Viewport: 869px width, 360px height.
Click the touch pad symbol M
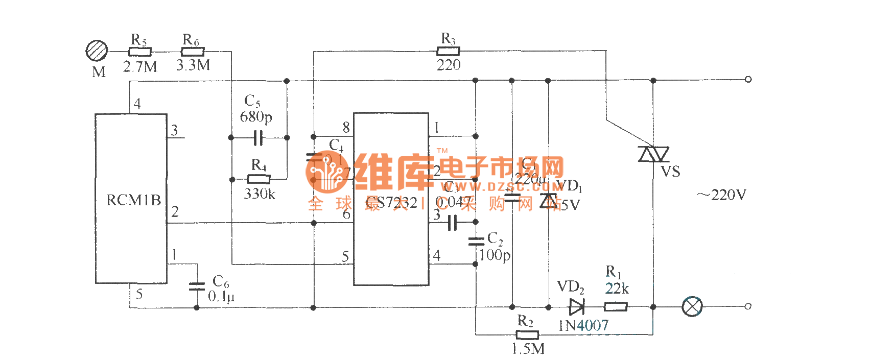(97, 51)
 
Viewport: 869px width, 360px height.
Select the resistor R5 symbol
(139, 52)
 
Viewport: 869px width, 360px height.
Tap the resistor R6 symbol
(193, 52)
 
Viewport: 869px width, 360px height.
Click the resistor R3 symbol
(448, 51)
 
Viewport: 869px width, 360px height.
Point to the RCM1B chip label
(133, 200)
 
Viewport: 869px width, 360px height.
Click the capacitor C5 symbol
(259, 138)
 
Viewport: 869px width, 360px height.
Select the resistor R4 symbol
(259, 179)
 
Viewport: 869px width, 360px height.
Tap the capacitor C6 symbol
(197, 286)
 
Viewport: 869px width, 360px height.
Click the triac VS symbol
(653, 154)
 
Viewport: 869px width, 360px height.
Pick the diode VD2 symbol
(576, 307)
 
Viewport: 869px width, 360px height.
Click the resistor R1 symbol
(616, 307)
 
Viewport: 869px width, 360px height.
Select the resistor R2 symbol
(527, 335)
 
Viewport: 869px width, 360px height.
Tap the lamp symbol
(692, 307)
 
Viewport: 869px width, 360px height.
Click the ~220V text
(721, 195)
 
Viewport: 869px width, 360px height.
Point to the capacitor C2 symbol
(476, 242)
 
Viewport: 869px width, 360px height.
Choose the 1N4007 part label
(583, 325)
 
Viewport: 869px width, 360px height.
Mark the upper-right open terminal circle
(748, 80)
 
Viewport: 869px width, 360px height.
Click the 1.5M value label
(528, 349)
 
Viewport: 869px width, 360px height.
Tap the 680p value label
(256, 117)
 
